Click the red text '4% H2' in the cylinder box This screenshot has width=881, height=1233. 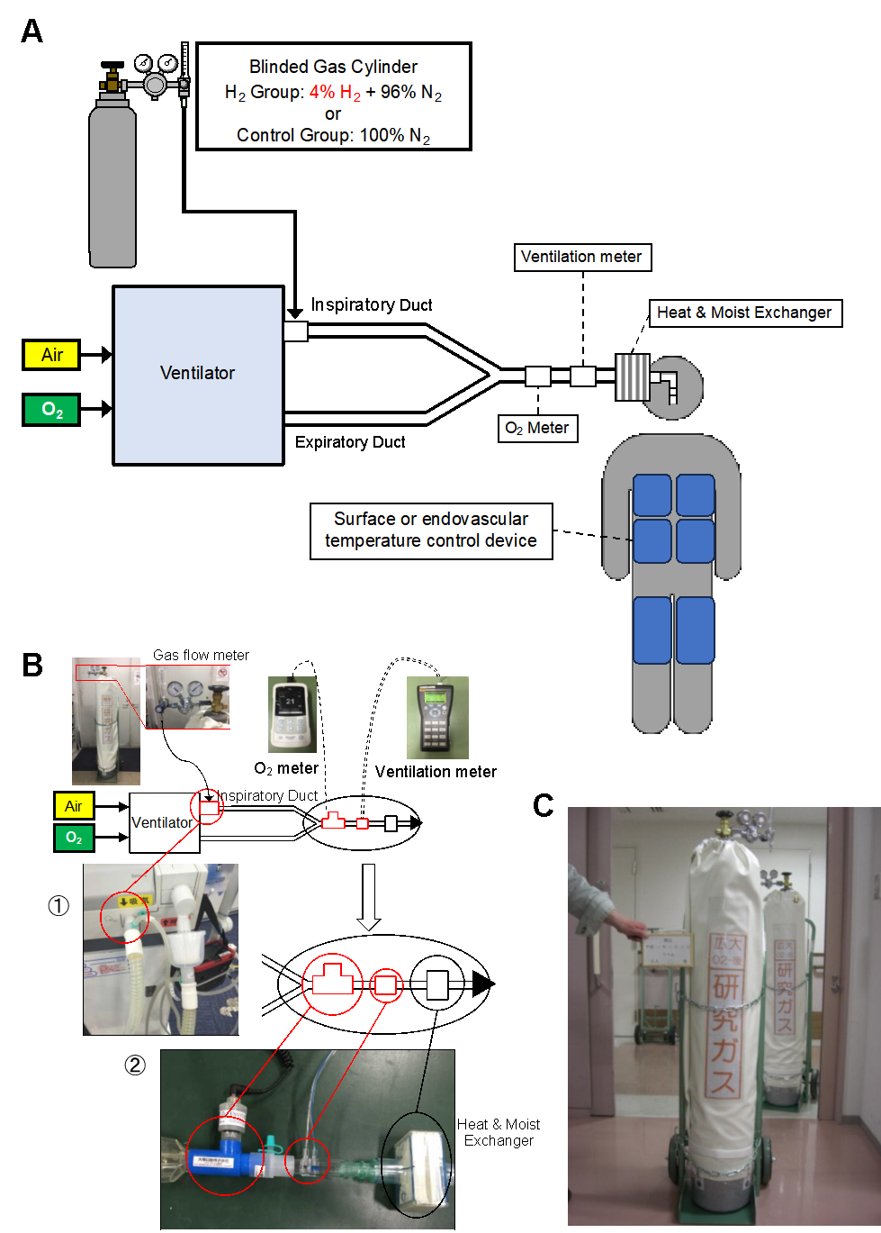tap(335, 93)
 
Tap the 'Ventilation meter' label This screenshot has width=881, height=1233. tap(581, 257)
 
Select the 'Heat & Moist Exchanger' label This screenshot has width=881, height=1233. tap(744, 313)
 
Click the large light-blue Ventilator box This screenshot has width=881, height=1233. tap(198, 375)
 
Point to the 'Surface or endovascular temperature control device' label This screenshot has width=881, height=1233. tap(431, 530)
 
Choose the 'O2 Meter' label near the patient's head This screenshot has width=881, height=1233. tap(537, 428)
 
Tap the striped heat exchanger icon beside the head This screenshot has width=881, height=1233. tap(632, 377)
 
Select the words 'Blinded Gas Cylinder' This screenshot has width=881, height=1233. tap(333, 67)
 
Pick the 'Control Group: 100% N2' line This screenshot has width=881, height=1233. tap(333, 135)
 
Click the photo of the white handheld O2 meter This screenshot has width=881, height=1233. tap(292, 713)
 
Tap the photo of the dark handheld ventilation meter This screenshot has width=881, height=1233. tap(437, 717)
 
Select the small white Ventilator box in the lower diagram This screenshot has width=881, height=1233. tap(162, 822)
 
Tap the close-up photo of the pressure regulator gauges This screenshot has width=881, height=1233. tap(187, 696)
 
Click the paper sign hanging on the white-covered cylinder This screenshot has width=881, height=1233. tap(667, 950)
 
